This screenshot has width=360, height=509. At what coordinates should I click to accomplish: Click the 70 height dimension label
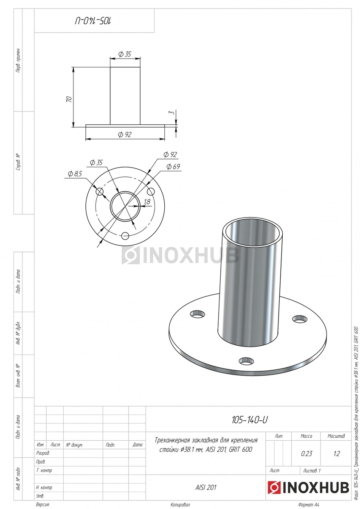coord(69,99)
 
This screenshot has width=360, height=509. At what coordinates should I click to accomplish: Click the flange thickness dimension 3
coord(172,112)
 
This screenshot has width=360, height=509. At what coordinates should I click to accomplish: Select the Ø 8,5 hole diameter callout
coord(75,174)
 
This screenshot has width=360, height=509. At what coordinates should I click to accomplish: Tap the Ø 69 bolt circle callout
coord(173,167)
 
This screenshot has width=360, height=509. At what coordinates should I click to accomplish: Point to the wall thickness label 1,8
coord(147,201)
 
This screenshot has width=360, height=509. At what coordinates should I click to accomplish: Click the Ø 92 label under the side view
coord(125,134)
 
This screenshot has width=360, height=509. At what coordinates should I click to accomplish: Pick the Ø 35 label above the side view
coord(125,54)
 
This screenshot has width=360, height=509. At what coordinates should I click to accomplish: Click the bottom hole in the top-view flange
coord(125,236)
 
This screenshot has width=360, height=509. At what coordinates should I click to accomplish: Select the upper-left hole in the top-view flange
coord(100,192)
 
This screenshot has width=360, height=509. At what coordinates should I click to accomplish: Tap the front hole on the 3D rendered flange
coord(246,361)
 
